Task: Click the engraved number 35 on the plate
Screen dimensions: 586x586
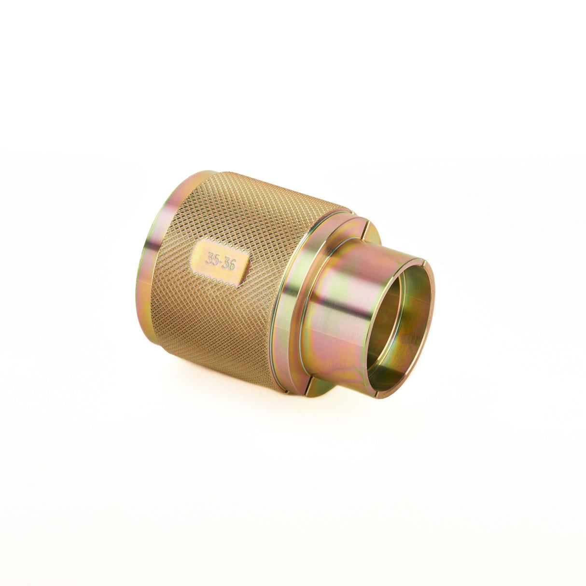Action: pyautogui.click(x=212, y=258)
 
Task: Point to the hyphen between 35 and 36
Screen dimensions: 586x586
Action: pyautogui.click(x=220, y=261)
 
